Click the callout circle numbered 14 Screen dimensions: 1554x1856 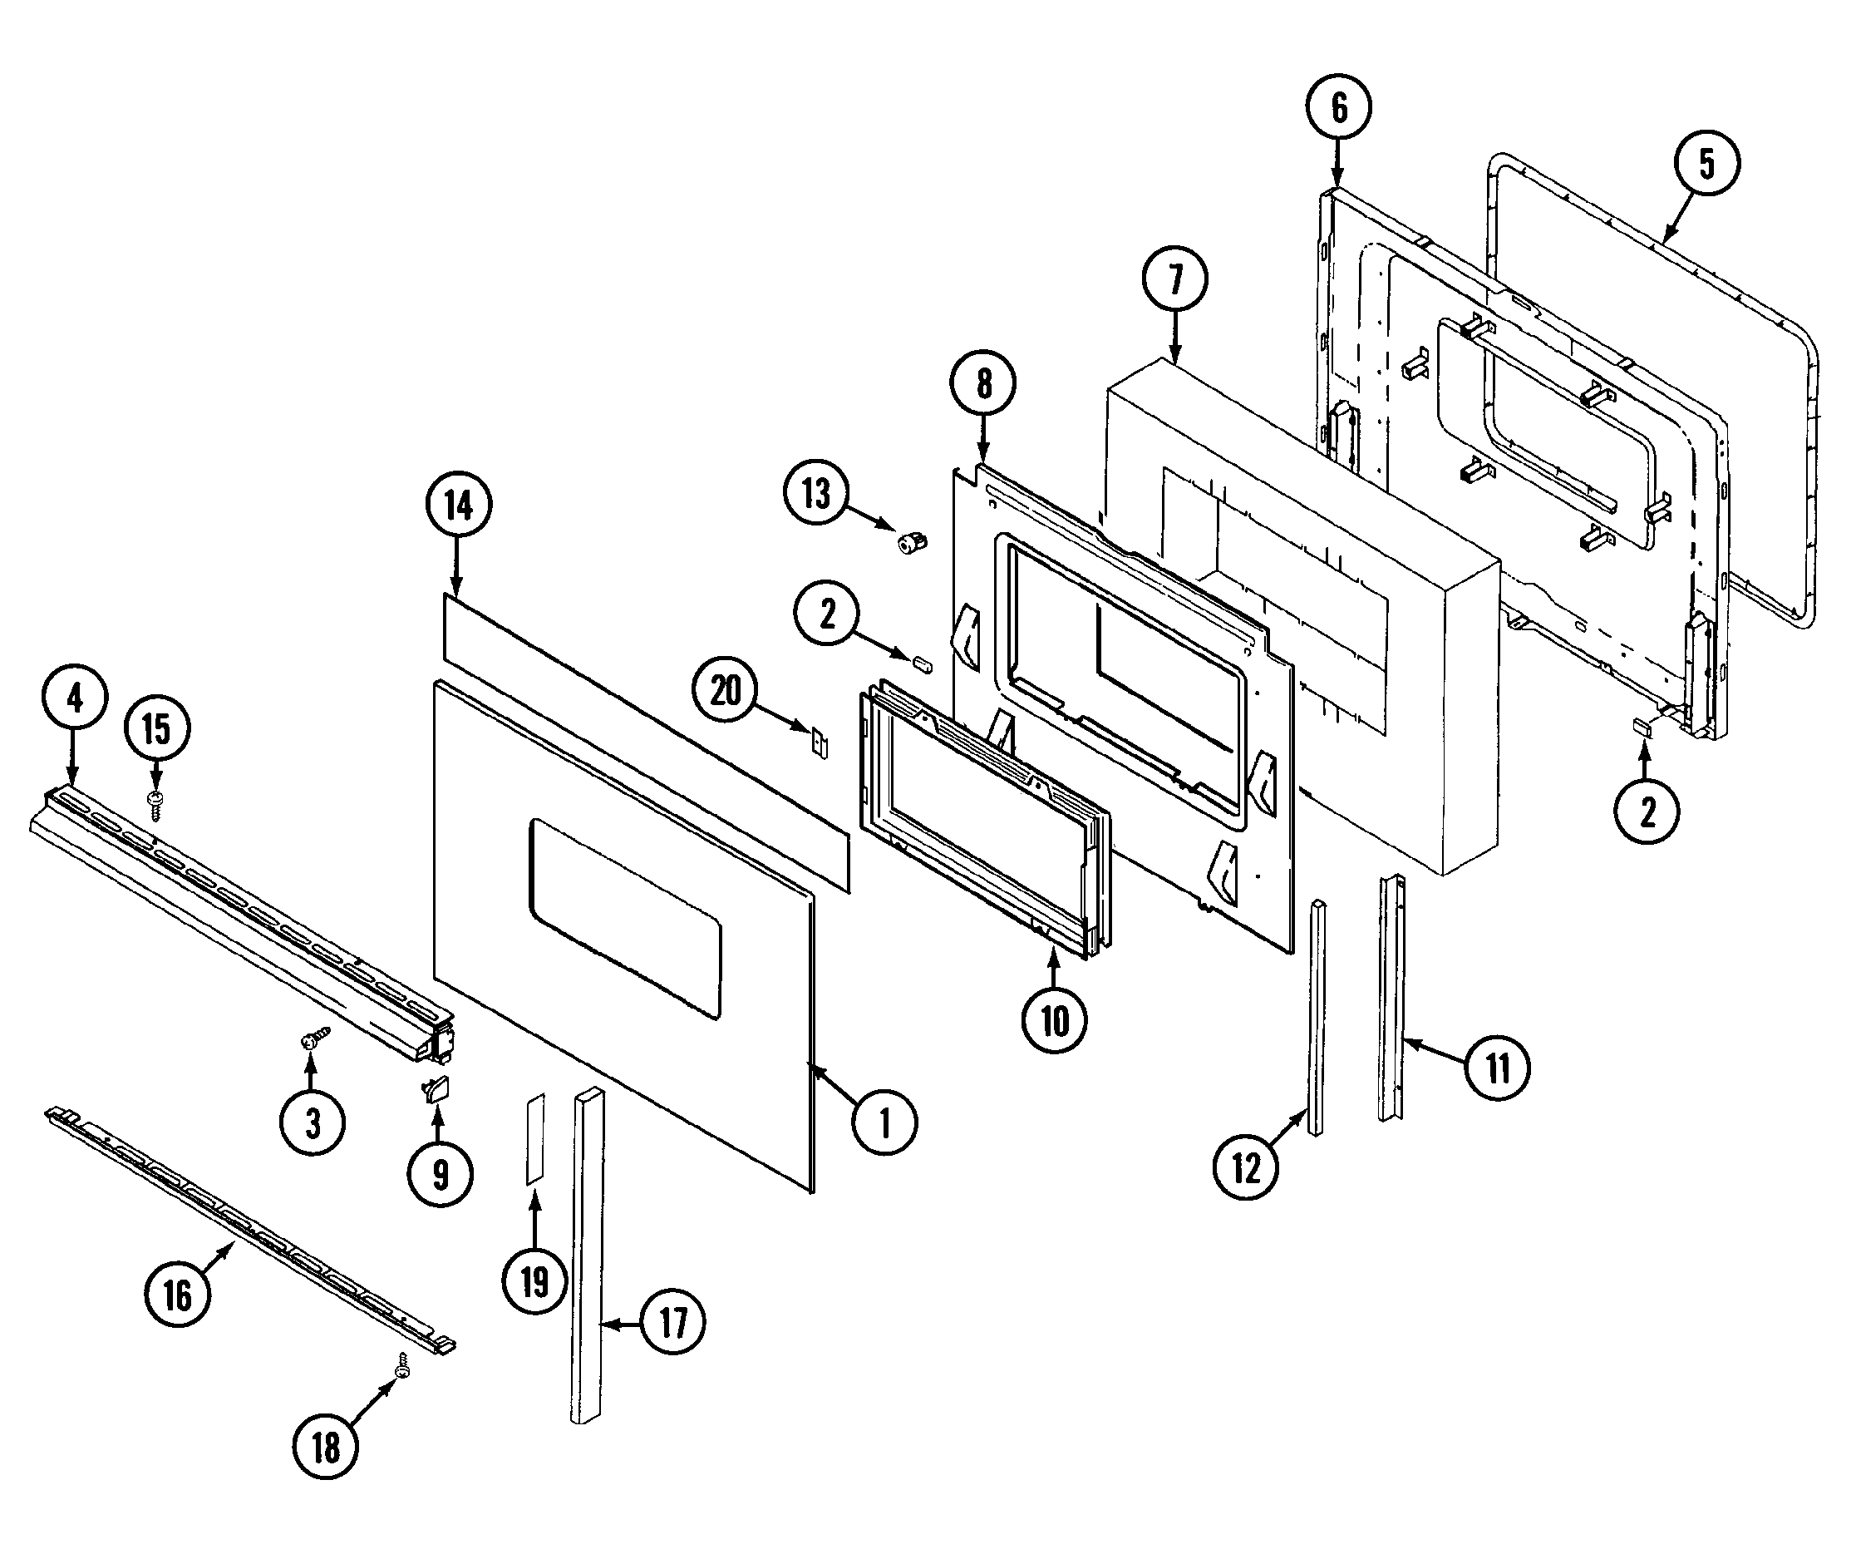pos(459,506)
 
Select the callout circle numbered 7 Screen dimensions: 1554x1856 pos(1175,279)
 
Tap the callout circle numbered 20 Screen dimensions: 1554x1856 pos(726,689)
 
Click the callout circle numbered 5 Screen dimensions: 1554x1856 pos(1706,164)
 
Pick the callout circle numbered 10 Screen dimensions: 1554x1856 pos(1055,1021)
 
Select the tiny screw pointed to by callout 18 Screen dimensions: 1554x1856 pos(404,1366)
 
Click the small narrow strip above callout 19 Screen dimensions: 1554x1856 pos(535,1138)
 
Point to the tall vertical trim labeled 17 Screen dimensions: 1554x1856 pos(588,1256)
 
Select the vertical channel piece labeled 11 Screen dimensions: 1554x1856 pos(1391,999)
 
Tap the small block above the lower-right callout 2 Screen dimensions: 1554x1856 pos(1643,727)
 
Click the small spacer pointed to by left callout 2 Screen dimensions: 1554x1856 pos(922,663)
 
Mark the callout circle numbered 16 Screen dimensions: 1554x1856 pos(177,1296)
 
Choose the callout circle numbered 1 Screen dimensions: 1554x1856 pos(884,1122)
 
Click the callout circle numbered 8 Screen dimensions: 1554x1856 pos(983,383)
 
